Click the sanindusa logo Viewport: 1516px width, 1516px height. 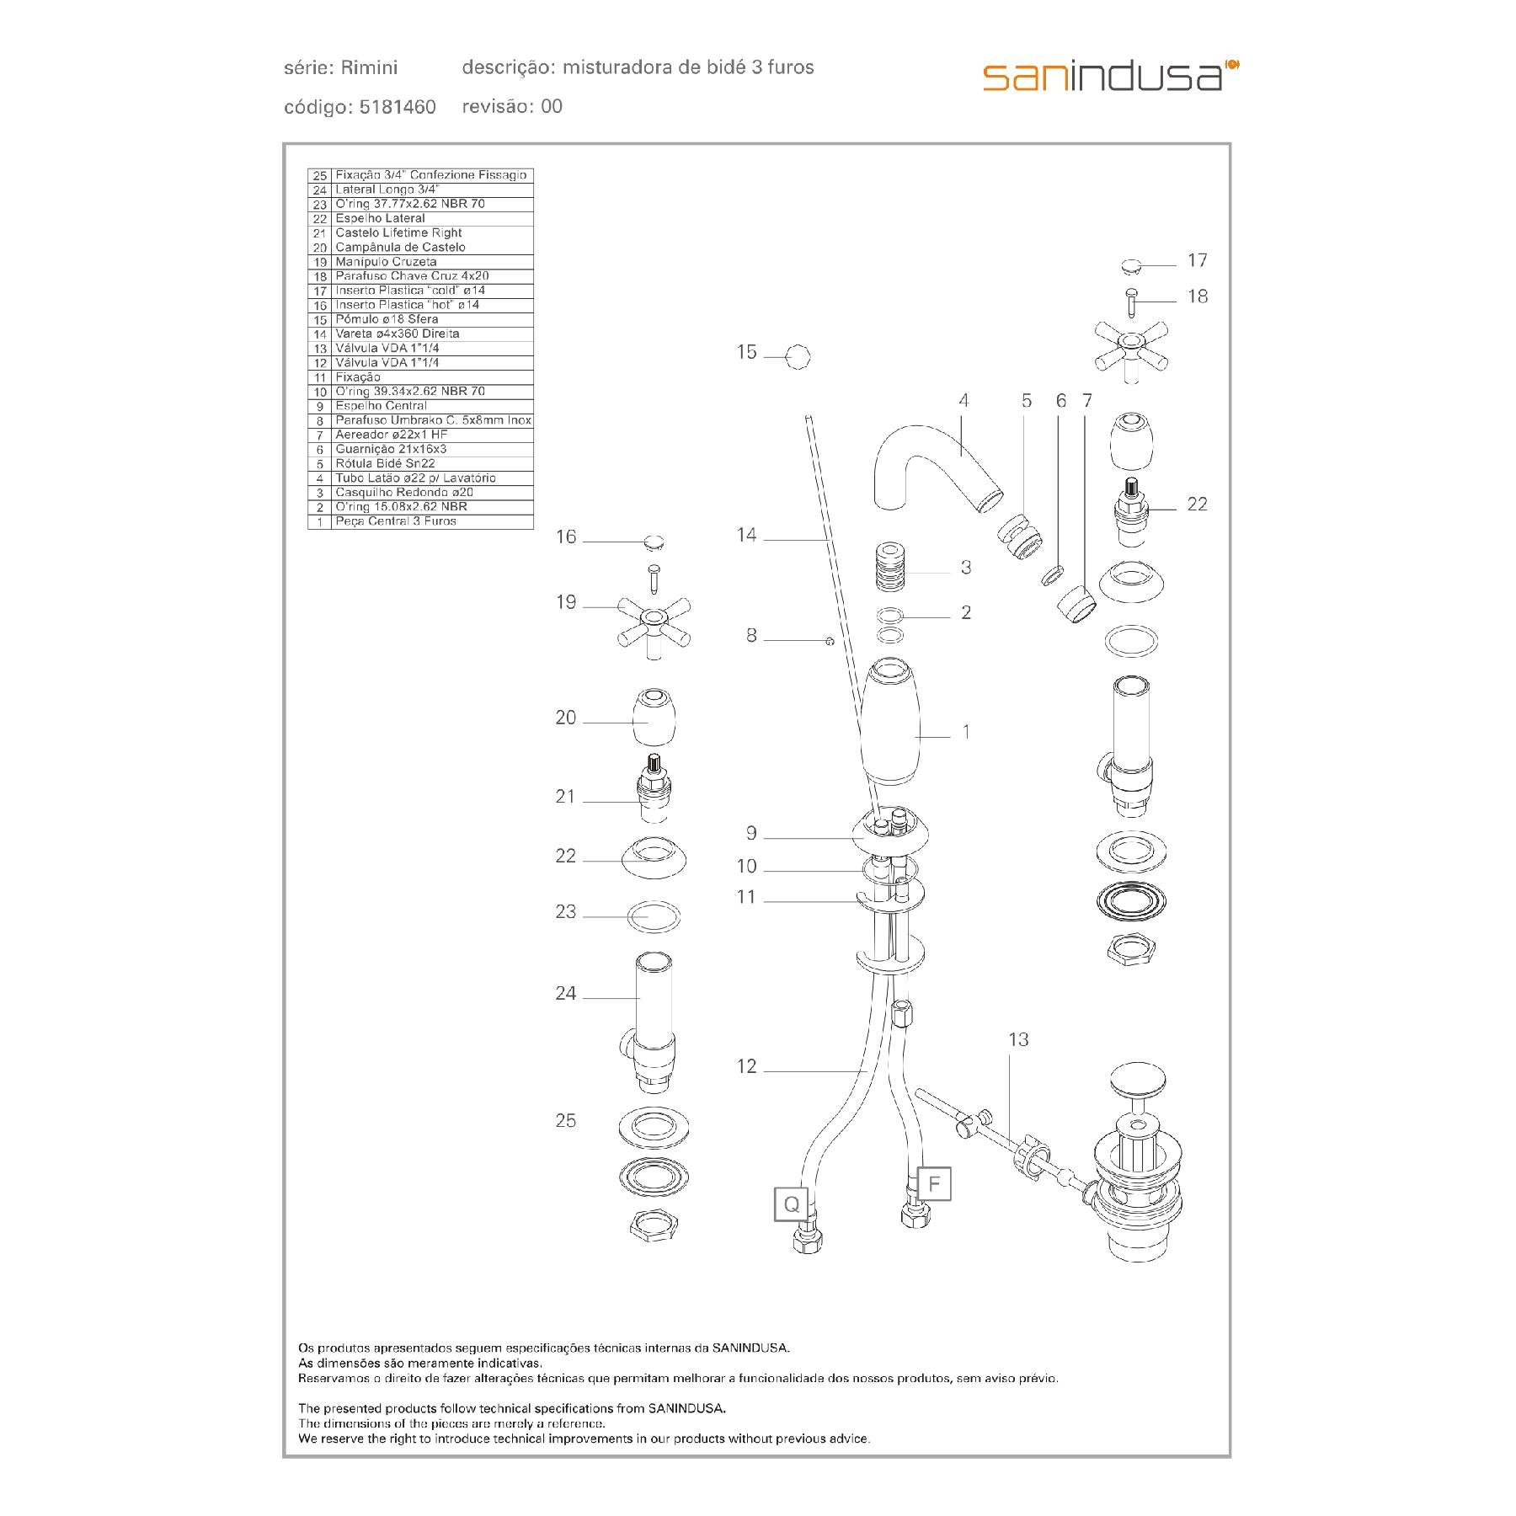pos(1110,76)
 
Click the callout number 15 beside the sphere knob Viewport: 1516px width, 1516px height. pos(747,352)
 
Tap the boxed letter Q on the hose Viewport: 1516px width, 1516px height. pos(791,1204)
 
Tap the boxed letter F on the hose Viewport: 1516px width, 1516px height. pos(933,1184)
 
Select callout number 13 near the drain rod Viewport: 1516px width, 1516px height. pos(1018,1040)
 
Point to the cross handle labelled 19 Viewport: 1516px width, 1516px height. pos(654,623)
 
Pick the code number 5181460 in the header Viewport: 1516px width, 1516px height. pos(398,107)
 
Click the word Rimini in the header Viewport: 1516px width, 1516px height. pos(370,67)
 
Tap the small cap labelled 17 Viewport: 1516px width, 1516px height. pos(1135,267)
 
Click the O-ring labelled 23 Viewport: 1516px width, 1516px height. pos(654,915)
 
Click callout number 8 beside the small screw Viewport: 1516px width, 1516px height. pos(751,636)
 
